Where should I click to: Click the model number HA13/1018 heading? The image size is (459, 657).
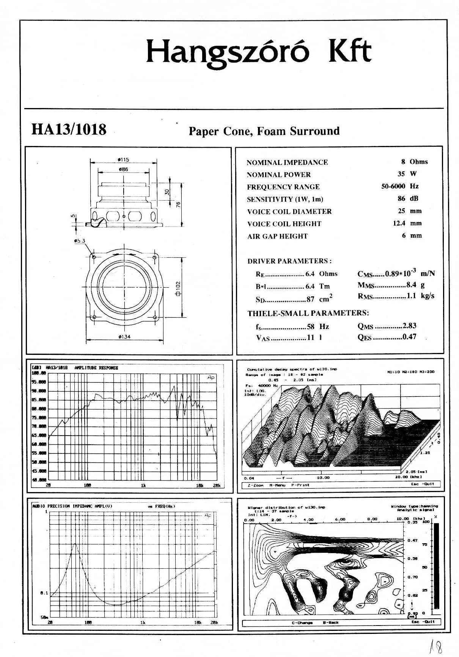tap(69, 130)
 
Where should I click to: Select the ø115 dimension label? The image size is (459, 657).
tap(124, 160)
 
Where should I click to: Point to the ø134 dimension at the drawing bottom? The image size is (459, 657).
tap(124, 337)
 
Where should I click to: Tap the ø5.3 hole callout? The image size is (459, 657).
tap(80, 241)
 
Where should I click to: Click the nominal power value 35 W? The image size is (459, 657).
tap(407, 174)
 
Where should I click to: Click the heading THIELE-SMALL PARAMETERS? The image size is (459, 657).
tap(308, 313)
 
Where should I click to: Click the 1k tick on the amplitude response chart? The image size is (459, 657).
tap(143, 486)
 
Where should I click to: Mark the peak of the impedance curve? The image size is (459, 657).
tap(75, 544)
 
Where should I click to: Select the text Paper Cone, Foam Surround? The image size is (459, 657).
tap(264, 131)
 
